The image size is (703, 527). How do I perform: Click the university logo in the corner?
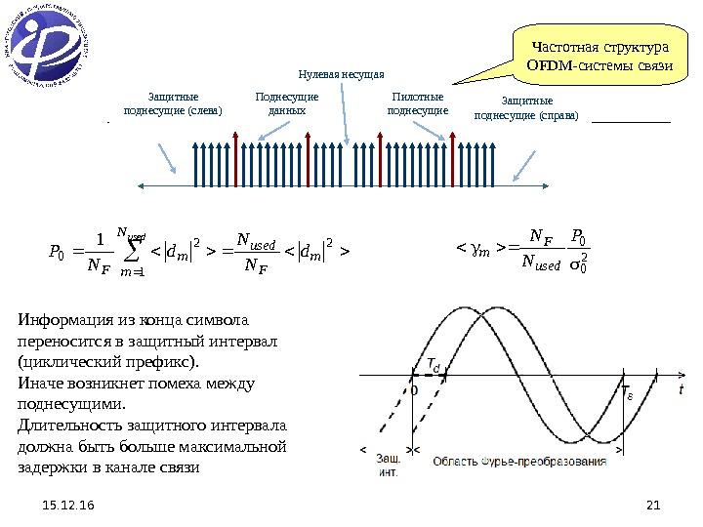click(x=49, y=48)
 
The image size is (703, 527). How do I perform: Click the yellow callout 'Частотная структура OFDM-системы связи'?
click(x=598, y=56)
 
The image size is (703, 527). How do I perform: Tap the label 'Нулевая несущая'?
click(x=342, y=74)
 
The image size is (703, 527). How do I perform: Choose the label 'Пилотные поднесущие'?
click(x=417, y=104)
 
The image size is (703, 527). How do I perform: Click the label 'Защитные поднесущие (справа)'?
click(x=526, y=108)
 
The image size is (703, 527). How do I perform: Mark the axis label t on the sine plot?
click(x=681, y=388)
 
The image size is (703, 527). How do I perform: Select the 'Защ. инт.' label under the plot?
click(x=389, y=466)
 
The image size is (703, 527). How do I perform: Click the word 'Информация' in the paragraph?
click(x=62, y=320)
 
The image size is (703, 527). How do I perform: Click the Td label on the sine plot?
click(x=433, y=364)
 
